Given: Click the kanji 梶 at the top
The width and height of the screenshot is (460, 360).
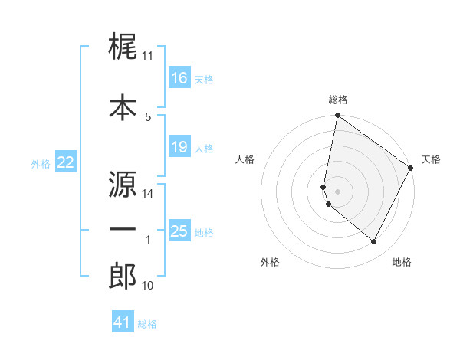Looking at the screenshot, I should (123, 48).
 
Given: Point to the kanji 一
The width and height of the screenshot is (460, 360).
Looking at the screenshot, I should (123, 231).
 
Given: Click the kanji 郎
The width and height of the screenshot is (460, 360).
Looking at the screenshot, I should (123, 277).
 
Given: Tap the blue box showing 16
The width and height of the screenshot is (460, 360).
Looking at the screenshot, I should (179, 78).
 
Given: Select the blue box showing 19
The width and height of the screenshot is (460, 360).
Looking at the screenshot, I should (179, 147).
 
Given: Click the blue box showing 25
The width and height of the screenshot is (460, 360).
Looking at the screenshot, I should (179, 231).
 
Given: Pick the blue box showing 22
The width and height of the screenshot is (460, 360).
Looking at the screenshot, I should (65, 162).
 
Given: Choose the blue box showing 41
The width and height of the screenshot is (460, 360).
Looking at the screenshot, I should (123, 322).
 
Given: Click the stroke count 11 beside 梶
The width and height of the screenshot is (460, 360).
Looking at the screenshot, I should (147, 56).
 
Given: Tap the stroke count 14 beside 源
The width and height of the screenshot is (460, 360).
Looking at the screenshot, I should (147, 194).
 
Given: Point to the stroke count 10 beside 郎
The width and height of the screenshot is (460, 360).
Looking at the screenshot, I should (147, 286).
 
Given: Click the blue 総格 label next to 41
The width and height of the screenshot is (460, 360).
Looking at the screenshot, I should (147, 324).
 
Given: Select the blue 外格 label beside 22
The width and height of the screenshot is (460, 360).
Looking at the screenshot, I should (40, 163).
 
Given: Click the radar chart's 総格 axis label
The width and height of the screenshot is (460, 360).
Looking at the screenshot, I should (338, 100).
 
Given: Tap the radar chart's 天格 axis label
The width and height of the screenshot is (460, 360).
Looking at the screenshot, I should (431, 159).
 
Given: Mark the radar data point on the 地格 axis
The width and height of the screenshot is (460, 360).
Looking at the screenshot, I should (374, 242).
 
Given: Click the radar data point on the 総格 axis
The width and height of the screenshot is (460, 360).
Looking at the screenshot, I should (337, 116).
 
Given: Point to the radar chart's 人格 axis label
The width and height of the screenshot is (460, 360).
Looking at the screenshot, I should (245, 159).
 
